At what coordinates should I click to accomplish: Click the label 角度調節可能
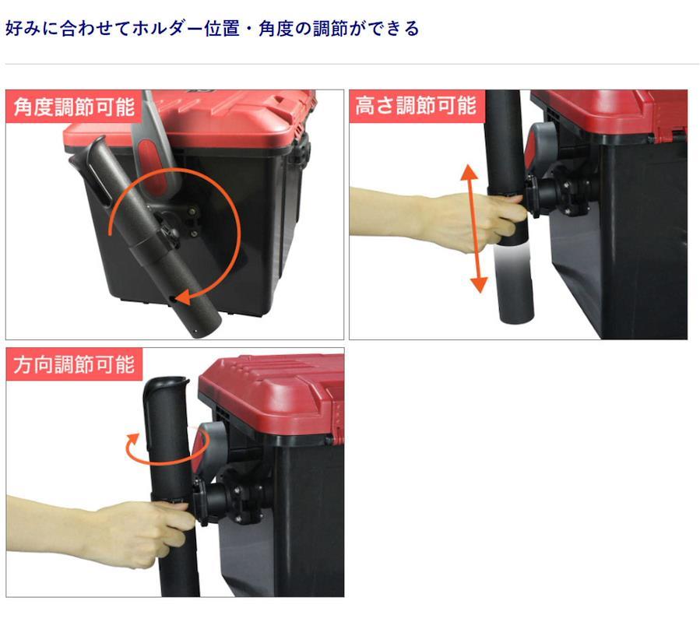74,106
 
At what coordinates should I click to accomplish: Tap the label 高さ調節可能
416,106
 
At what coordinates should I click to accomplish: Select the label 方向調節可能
74,364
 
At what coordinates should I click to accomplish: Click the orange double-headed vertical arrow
474,229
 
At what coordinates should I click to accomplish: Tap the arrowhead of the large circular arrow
184,297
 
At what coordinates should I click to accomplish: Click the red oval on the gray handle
153,163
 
